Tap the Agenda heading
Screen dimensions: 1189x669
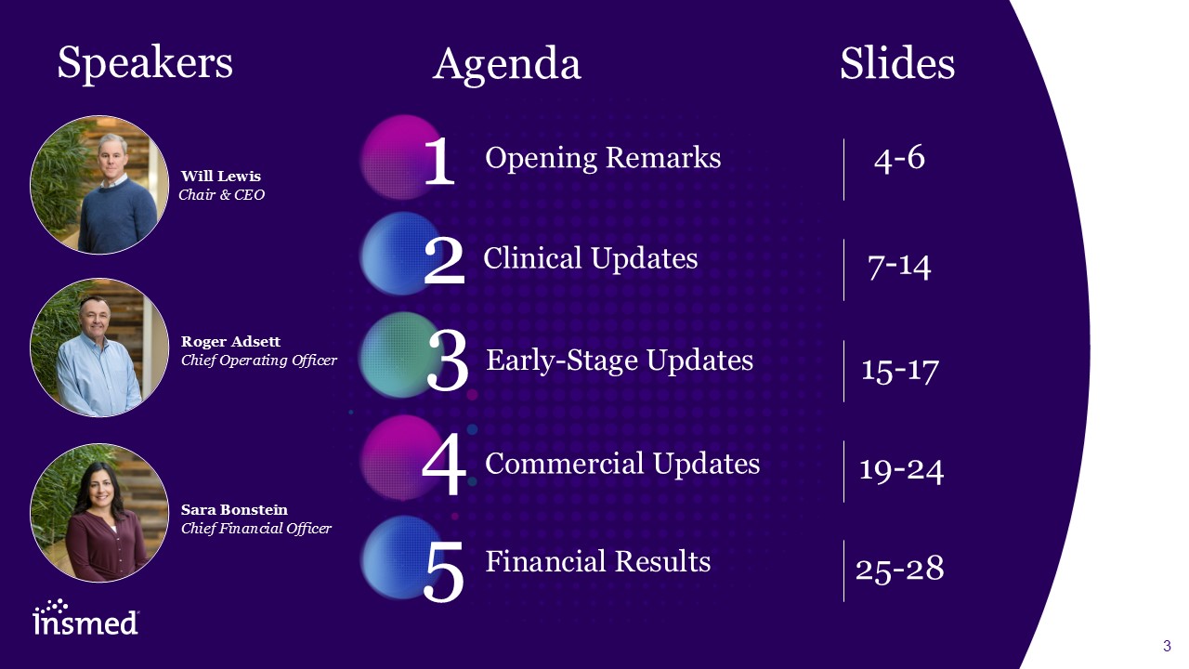(507, 65)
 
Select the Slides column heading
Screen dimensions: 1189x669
(897, 63)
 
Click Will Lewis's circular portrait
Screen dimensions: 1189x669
(99, 185)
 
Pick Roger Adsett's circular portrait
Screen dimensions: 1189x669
(99, 348)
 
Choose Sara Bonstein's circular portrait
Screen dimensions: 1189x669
(99, 513)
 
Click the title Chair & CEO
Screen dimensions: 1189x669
(221, 195)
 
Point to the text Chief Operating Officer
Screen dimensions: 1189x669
(259, 361)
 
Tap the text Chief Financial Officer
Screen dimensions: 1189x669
(256, 529)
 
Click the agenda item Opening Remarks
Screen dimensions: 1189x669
(603, 158)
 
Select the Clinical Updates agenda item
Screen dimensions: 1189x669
(590, 258)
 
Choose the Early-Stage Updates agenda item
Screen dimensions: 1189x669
(620, 361)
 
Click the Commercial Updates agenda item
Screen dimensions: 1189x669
(622, 463)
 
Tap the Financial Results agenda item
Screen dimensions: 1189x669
(597, 561)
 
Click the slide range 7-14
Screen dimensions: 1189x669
(899, 266)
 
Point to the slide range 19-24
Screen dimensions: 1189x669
(901, 470)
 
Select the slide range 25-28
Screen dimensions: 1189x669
(900, 569)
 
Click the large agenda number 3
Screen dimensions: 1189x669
(448, 360)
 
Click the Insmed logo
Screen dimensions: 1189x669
(85, 617)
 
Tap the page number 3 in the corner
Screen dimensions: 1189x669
(1167, 646)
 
